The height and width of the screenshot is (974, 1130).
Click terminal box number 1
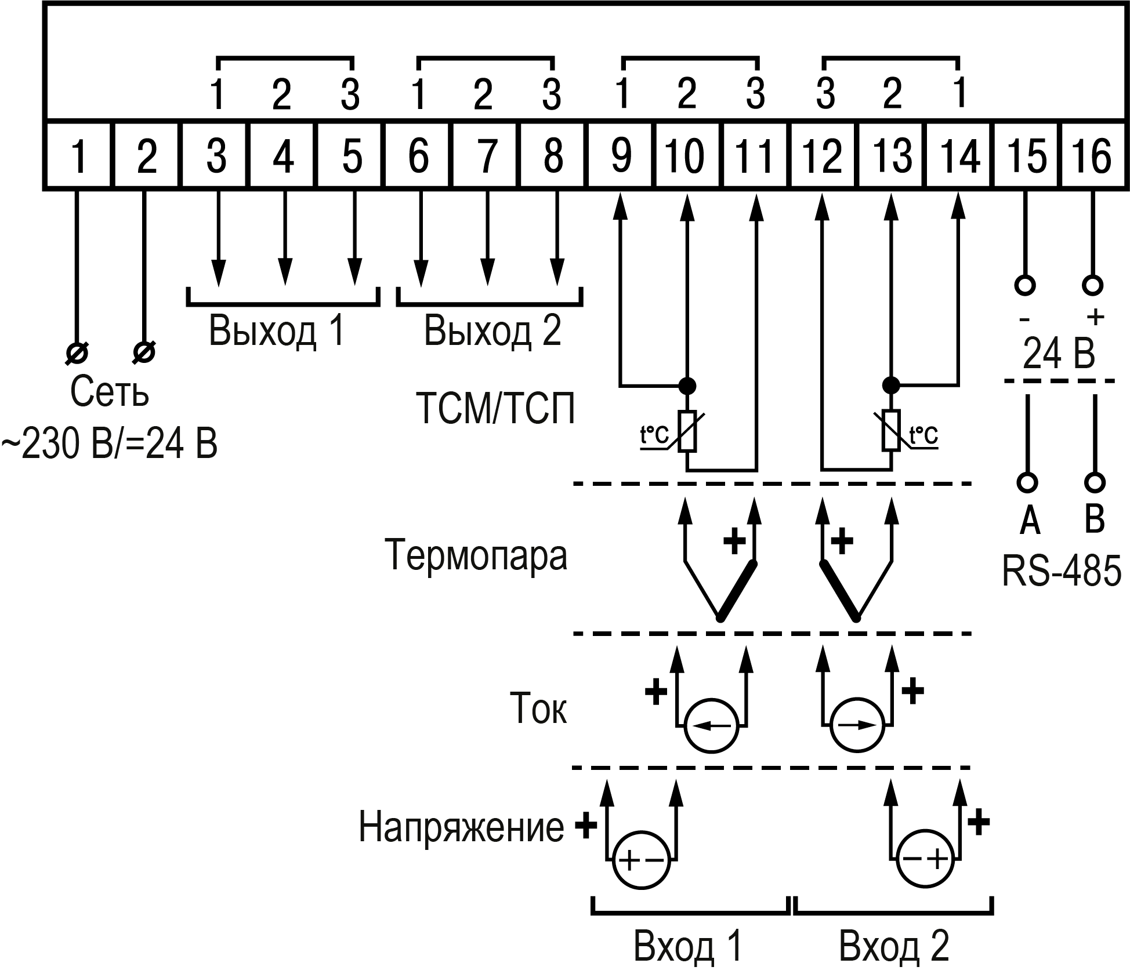pos(78,155)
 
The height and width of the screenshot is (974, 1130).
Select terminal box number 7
pos(486,155)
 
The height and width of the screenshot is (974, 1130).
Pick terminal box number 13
pos(891,155)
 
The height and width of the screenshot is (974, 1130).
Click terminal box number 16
pos(1093,155)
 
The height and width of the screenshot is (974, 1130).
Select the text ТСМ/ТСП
pos(496,409)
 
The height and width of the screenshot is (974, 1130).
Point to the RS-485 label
pos(1061,572)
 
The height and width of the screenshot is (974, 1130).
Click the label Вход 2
pos(894,946)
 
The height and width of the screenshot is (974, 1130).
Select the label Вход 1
pos(688,946)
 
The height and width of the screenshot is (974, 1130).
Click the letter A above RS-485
pos(1029,520)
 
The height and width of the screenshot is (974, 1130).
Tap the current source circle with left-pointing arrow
pos(711,726)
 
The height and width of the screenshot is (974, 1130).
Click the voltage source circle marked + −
pos(641,860)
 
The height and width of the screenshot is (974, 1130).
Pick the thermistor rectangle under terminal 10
pos(687,431)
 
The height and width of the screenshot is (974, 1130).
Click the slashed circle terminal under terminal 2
pos(144,352)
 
